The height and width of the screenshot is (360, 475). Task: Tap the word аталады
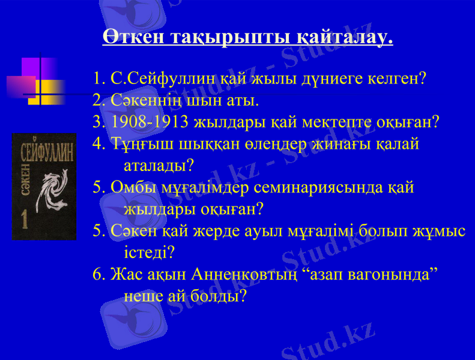[x=157, y=164]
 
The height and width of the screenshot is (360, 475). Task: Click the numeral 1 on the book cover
[x=25, y=220]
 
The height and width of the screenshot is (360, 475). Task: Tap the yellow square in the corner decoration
[x=52, y=92]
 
